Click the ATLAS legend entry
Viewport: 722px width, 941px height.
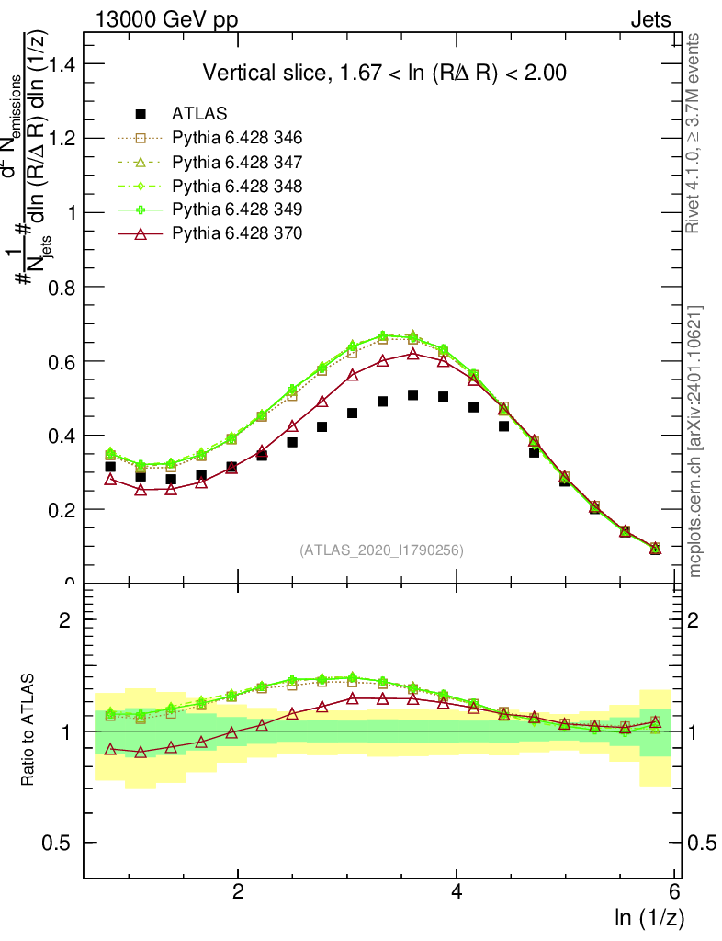pyautogui.click(x=199, y=114)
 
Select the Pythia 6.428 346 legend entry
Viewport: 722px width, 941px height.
pyautogui.click(x=236, y=138)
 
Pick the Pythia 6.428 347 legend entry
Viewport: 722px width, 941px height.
pyautogui.click(x=236, y=162)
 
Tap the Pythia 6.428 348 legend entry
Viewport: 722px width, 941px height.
pyautogui.click(x=236, y=186)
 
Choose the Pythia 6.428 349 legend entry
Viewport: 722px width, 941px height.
pyautogui.click(x=236, y=210)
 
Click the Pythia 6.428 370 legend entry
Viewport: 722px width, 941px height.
pyautogui.click(x=236, y=233)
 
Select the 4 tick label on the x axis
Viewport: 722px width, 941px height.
pyautogui.click(x=457, y=891)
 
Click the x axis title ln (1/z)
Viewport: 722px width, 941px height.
pyautogui.click(x=648, y=916)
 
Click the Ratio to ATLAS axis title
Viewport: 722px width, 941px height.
pyautogui.click(x=29, y=731)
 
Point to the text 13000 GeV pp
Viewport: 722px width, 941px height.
pyautogui.click(x=165, y=19)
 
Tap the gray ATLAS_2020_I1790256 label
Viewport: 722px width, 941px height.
pyautogui.click(x=380, y=550)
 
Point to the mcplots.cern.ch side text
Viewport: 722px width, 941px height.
pyautogui.click(x=695, y=441)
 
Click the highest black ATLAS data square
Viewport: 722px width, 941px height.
pyautogui.click(x=413, y=395)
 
